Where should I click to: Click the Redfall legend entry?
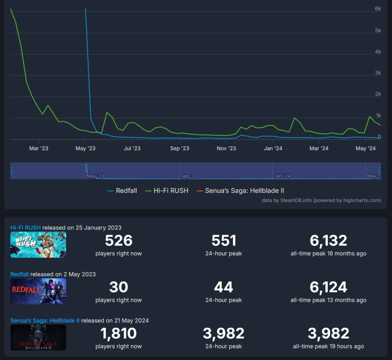point(126,191)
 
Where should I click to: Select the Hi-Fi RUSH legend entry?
point(171,191)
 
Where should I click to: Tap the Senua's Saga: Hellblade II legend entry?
point(244,191)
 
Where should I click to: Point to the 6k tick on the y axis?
point(378,9)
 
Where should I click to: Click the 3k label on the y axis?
point(378,73)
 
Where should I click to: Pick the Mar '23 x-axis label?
point(39,148)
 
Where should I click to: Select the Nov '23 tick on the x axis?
point(226,148)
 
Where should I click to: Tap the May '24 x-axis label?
point(366,148)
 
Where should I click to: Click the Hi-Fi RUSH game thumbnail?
point(38,245)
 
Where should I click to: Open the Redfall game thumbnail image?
point(38,291)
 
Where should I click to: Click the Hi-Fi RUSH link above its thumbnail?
point(26,227)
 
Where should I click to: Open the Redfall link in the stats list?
point(20,274)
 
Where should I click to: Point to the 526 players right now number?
point(119,241)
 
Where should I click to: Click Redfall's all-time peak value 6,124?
point(328,287)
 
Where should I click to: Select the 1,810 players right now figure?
point(119,333)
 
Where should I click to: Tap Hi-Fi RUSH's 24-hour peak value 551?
point(223,241)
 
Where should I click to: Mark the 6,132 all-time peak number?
point(328,241)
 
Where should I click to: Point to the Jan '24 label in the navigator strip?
point(282,176)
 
